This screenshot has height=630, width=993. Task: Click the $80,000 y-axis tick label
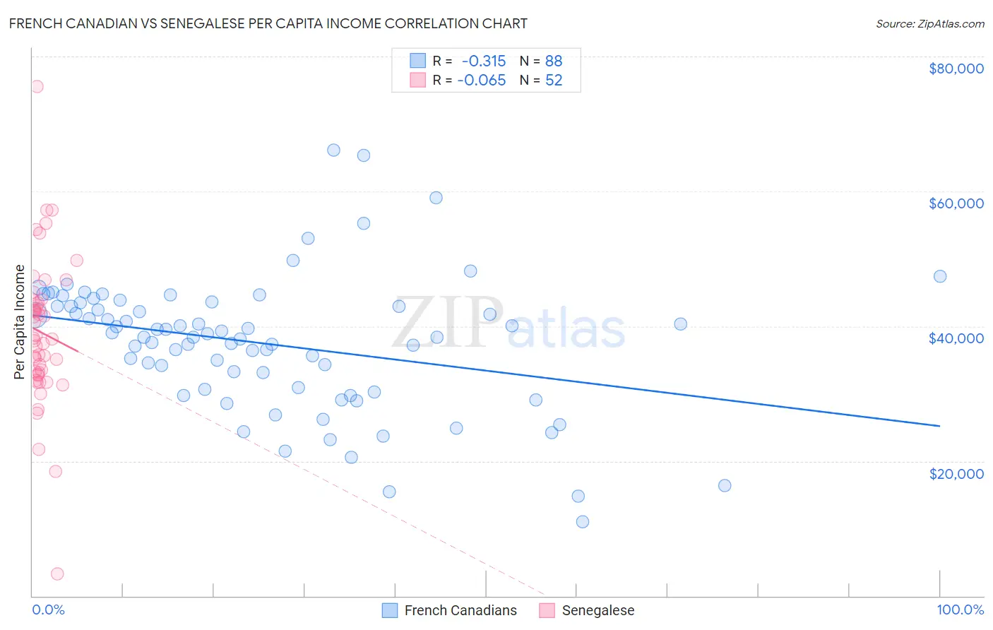[x=956, y=69]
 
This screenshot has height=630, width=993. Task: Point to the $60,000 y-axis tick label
[x=956, y=203]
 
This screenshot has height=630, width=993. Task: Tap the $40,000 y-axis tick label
[x=956, y=338]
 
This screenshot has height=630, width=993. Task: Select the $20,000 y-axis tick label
[x=956, y=473]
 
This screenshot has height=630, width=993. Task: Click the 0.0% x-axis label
[x=48, y=610]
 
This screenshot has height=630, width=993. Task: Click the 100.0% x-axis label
[x=960, y=610]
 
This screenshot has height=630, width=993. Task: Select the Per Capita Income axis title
[x=20, y=321]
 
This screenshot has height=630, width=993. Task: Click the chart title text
[x=268, y=23]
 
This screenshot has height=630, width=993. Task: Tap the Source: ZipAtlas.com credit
[x=929, y=23]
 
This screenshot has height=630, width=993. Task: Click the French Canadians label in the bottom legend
[x=460, y=610]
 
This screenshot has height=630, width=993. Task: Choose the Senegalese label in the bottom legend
[x=597, y=610]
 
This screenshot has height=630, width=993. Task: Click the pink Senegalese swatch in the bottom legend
[x=547, y=610]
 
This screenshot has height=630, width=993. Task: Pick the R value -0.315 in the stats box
[x=484, y=61]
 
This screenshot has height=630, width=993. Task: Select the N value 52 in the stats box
[x=554, y=81]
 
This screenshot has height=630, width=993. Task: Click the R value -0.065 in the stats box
[x=482, y=81]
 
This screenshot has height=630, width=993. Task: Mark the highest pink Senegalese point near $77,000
[x=37, y=86]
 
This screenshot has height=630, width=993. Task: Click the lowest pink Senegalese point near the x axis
[x=57, y=573]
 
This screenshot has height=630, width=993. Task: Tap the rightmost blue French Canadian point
[x=939, y=276]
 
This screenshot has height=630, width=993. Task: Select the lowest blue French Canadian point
[x=582, y=522]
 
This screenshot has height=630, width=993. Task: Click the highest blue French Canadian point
[x=333, y=150]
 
